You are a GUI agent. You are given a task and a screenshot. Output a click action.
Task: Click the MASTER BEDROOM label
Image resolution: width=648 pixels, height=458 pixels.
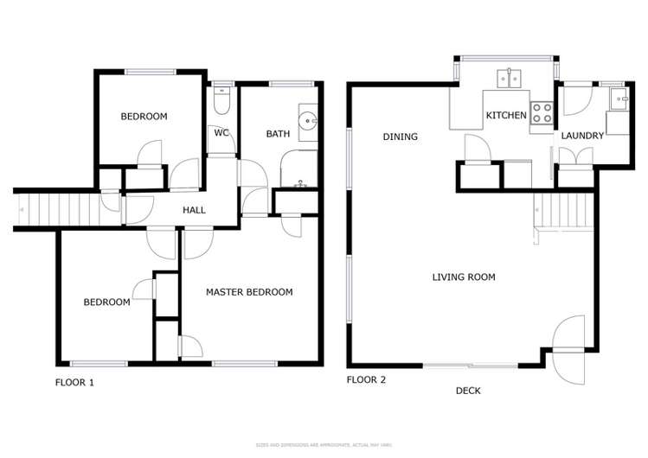tap(249, 292)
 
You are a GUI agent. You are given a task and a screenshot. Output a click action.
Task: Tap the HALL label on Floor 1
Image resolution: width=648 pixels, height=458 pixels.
tap(194, 210)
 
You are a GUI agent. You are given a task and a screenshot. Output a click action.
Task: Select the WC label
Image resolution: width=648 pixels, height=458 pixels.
tap(221, 133)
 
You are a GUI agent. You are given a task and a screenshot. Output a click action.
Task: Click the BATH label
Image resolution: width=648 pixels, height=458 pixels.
tap(278, 134)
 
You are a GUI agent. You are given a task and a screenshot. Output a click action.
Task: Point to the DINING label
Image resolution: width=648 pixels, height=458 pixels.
tap(400, 137)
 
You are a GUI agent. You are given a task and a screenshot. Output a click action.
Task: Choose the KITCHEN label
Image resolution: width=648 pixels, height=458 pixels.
tap(506, 115)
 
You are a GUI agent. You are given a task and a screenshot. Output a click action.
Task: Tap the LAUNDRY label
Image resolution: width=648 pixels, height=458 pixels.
tap(582, 137)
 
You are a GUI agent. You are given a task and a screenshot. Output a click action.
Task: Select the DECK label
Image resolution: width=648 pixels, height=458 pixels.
tap(468, 391)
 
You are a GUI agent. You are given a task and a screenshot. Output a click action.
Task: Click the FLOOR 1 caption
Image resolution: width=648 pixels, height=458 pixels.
tap(74, 381)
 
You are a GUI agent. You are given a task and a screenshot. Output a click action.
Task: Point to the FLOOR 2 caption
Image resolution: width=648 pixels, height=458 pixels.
tap(367, 379)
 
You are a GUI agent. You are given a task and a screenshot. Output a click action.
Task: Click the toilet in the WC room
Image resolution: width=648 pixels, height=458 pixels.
tap(221, 101)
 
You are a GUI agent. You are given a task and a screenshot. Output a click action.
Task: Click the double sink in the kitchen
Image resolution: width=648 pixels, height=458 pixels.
tap(508, 80)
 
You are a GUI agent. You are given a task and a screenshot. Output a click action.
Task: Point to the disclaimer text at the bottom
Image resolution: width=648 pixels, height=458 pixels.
tap(324, 445)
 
